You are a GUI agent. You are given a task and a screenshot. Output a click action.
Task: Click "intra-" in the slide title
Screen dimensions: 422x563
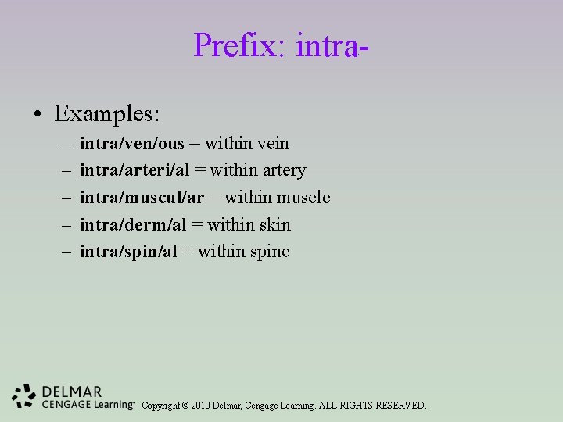click(x=332, y=45)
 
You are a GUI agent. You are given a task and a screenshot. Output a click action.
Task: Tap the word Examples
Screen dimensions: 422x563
click(x=107, y=114)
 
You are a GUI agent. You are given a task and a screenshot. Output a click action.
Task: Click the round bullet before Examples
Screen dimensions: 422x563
click(x=38, y=116)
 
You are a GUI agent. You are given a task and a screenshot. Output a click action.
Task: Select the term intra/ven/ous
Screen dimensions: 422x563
click(x=132, y=144)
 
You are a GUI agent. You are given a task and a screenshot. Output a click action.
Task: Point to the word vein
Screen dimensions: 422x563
click(x=271, y=144)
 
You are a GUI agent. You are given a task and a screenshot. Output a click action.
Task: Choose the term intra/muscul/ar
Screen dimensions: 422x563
click(x=142, y=198)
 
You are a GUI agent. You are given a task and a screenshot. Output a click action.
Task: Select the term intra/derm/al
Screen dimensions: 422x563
click(x=134, y=225)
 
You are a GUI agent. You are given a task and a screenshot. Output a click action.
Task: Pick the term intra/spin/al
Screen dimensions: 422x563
click(x=129, y=252)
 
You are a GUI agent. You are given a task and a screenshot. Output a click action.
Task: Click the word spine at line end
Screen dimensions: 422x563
click(x=268, y=252)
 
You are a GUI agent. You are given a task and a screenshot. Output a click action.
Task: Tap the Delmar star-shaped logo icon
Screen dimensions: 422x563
click(x=24, y=396)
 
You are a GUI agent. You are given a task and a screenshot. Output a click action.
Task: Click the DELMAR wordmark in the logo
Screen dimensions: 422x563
click(x=72, y=392)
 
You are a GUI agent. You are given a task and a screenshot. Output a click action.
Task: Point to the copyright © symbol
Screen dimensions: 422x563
click(x=185, y=406)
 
